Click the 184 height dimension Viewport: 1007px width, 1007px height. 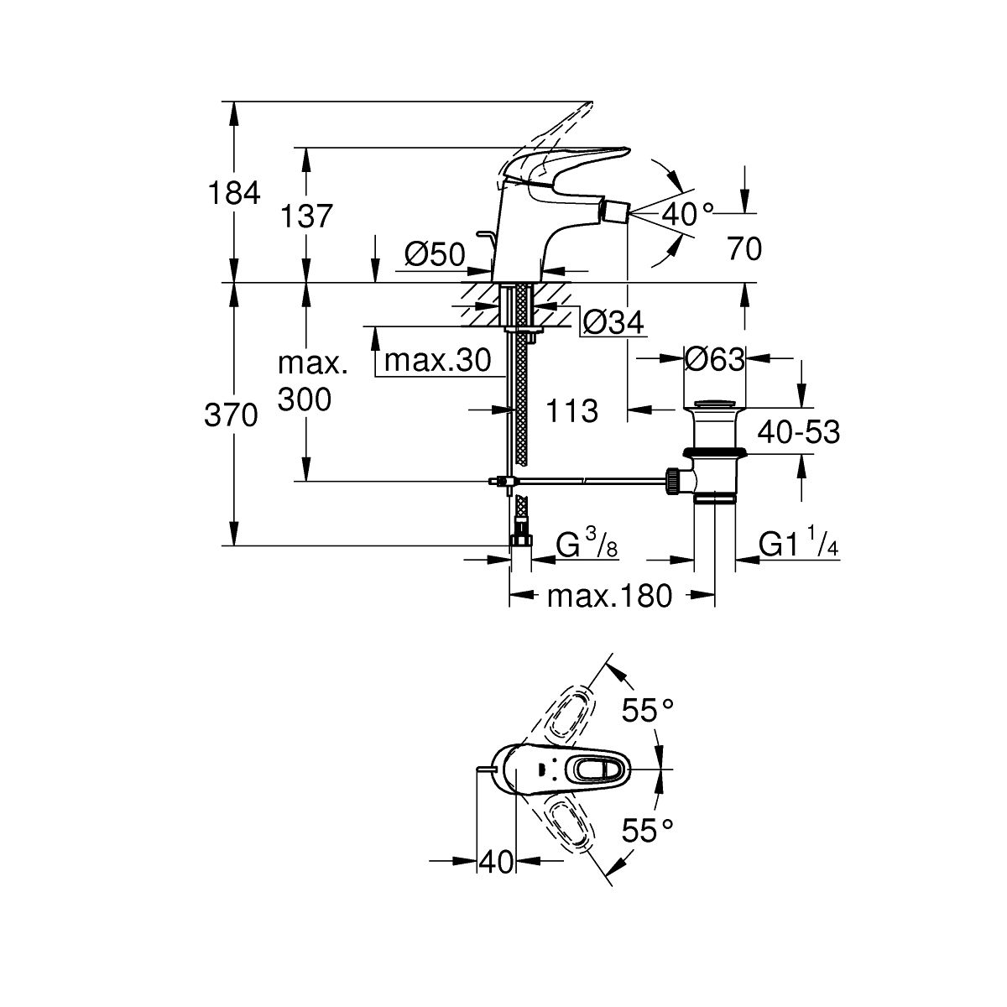(x=232, y=194)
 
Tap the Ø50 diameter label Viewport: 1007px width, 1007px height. (x=434, y=254)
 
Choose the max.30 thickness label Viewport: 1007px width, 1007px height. (x=436, y=361)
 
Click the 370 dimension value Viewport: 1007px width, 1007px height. (x=232, y=415)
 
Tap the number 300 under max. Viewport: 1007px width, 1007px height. (x=304, y=399)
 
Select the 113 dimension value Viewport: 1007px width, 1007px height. (x=571, y=411)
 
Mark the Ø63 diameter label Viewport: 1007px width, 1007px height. (x=714, y=360)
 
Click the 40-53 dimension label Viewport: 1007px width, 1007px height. (x=798, y=432)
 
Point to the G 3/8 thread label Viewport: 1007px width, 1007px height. (x=587, y=546)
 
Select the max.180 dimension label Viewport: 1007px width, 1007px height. (x=609, y=597)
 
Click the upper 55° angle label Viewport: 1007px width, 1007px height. (x=648, y=711)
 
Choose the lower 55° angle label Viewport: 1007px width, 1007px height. (x=648, y=831)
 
